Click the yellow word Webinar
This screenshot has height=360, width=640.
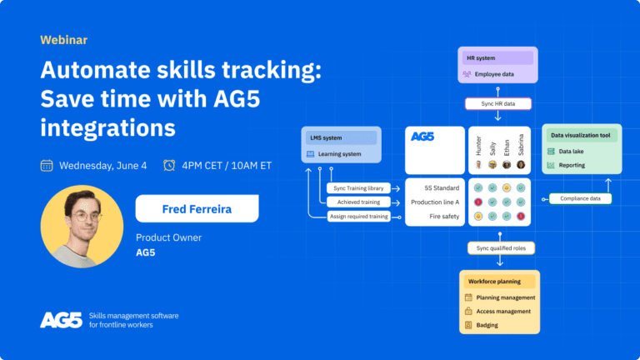63,40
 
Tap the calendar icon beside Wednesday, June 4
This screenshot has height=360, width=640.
47,166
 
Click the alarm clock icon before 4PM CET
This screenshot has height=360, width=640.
169,165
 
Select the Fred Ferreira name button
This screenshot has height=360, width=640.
197,208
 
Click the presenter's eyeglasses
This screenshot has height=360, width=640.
86,216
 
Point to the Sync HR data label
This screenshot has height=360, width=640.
498,103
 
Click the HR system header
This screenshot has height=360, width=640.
497,58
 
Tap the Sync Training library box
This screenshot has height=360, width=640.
358,188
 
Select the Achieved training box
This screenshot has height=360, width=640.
358,202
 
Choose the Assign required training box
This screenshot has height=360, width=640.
359,217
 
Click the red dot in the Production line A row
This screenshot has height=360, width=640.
478,202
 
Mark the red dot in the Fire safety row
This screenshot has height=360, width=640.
521,217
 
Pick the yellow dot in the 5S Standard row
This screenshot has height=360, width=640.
507,187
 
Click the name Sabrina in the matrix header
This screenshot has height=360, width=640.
521,144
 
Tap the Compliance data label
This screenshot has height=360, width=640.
580,199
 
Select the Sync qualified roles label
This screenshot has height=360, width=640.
501,248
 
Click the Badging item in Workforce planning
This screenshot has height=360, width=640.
487,325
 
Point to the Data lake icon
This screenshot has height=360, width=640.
551,152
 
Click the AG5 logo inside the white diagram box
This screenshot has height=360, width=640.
422,137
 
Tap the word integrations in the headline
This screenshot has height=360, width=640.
107,128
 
